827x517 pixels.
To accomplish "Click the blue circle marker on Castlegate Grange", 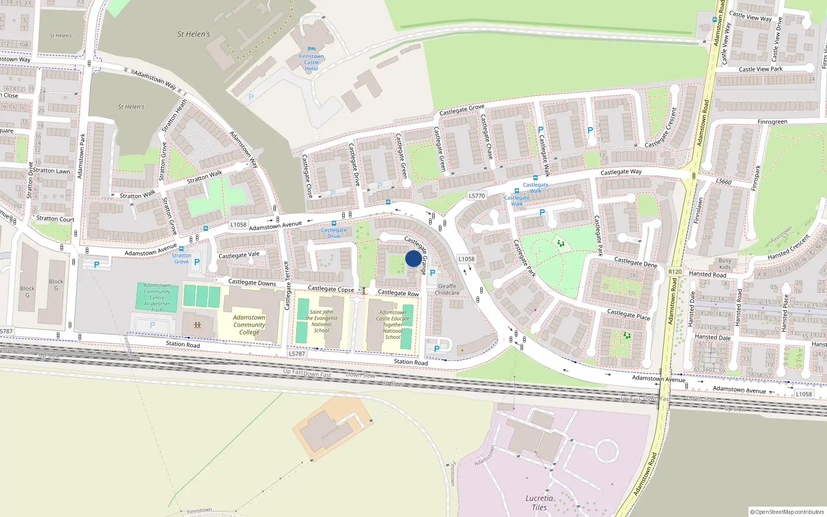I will tap(413, 258).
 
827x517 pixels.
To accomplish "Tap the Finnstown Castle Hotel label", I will tap(311, 63).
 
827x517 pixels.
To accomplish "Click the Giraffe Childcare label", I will tap(447, 290).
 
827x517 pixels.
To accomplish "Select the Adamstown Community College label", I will tap(249, 325).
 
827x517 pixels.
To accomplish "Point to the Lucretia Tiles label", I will tap(539, 503).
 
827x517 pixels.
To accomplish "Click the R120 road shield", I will tap(675, 271).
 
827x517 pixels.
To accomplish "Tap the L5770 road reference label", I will tap(477, 196).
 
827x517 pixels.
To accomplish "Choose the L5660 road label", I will tap(724, 181).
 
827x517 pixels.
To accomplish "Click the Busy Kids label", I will tap(725, 264).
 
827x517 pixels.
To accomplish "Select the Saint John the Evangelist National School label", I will tap(321, 321).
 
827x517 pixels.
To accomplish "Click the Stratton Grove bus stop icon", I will tap(181, 249).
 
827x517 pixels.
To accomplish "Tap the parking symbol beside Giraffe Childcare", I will tap(433, 273).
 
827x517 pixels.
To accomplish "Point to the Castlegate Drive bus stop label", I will tap(333, 233).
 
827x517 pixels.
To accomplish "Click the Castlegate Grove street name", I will tap(462, 110).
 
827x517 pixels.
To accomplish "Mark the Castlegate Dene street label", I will tap(635, 262).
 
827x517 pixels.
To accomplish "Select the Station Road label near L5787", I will tap(182, 344).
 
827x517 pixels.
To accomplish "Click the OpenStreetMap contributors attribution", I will tap(787, 512).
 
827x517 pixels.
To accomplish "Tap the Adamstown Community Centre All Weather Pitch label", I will tap(157, 298).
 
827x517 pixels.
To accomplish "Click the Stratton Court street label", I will tap(55, 219).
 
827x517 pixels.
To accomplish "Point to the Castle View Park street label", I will tap(760, 69).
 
